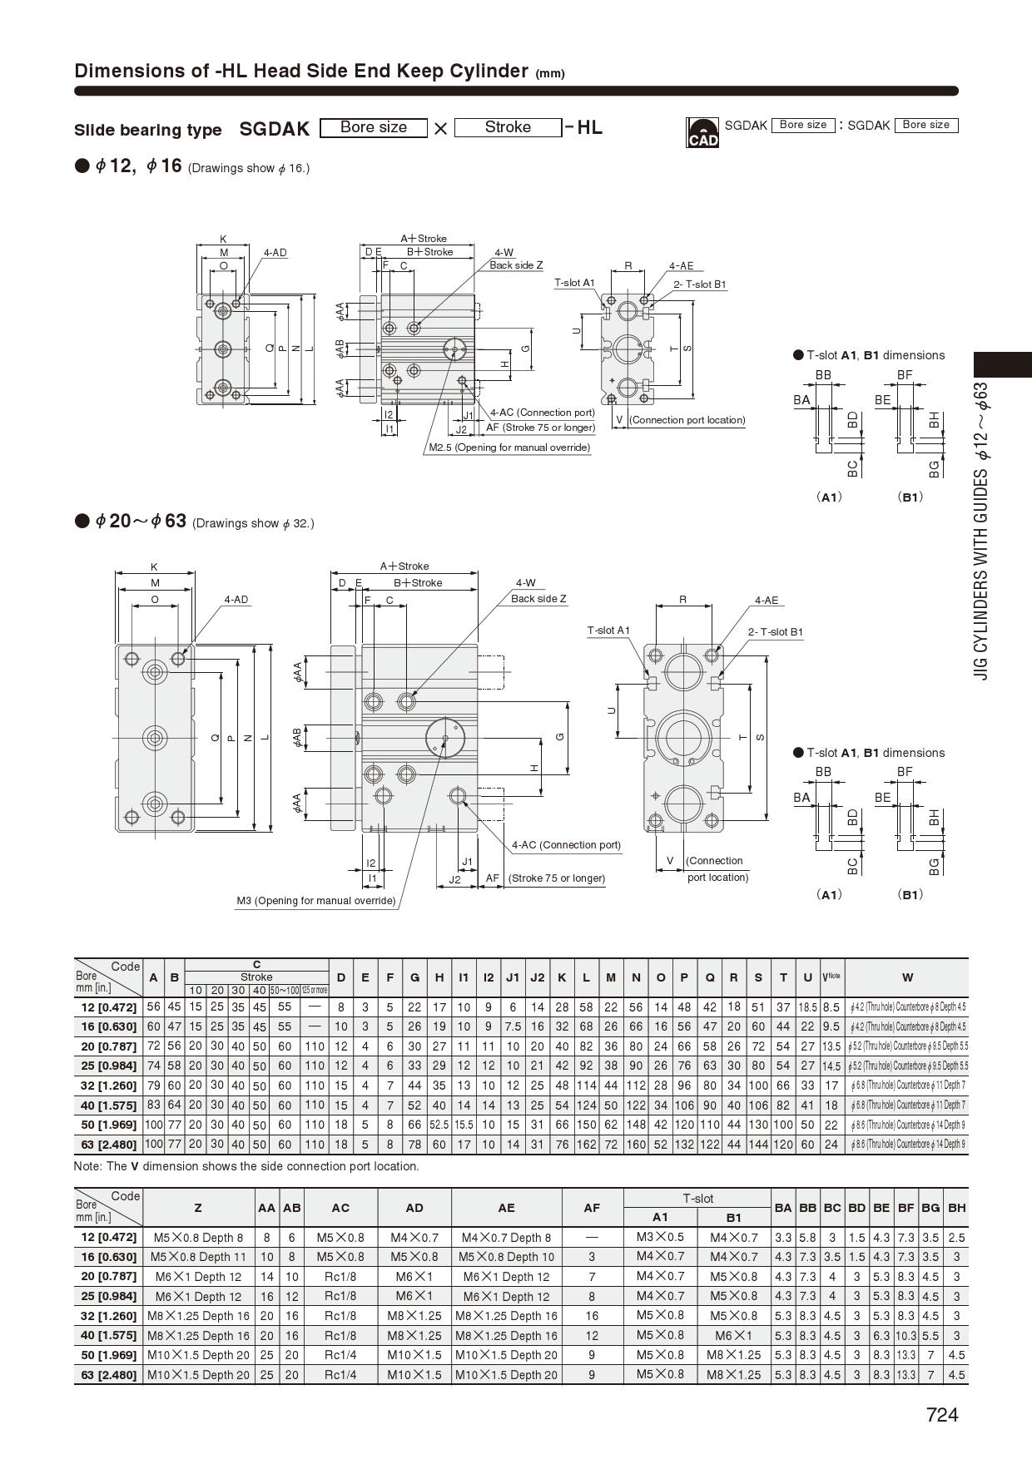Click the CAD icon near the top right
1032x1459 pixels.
[x=702, y=133]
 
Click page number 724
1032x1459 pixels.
[x=942, y=1415]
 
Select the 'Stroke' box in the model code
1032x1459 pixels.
[x=508, y=127]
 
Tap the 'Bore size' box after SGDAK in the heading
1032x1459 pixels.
[x=374, y=127]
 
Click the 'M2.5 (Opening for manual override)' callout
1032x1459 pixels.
[x=509, y=448]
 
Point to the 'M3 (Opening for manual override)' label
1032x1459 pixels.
[x=316, y=901]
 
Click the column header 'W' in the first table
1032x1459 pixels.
[x=907, y=977]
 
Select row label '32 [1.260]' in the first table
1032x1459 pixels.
[x=108, y=1086]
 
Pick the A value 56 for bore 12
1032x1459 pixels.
[x=153, y=1006]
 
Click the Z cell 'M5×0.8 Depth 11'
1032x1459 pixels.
[x=198, y=1257]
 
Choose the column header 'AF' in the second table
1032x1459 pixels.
[x=592, y=1208]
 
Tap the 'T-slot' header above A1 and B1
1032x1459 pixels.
[x=697, y=1199]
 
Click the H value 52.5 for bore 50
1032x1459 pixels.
[x=439, y=1125]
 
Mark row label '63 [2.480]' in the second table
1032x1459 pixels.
[x=108, y=1375]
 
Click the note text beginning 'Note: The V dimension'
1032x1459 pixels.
[x=246, y=1166]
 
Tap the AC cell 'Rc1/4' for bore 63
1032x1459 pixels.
[x=340, y=1375]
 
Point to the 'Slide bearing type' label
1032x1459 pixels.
[x=148, y=130]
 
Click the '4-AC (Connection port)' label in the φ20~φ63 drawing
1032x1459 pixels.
[x=566, y=845]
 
